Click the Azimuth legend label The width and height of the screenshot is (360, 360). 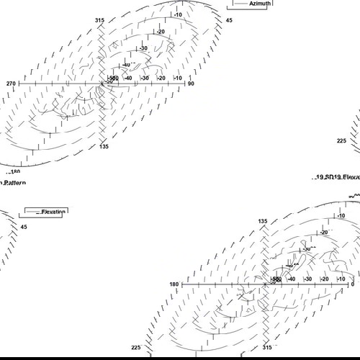(x=260, y=4)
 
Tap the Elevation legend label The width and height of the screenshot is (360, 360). (x=53, y=212)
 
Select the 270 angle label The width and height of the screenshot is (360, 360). (x=11, y=84)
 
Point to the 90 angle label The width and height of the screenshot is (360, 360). (x=192, y=84)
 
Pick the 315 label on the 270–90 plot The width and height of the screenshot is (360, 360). (x=99, y=21)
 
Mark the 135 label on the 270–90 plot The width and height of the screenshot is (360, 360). (x=104, y=146)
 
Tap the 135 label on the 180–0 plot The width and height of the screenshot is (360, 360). (x=264, y=221)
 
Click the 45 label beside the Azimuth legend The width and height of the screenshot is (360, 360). (x=229, y=21)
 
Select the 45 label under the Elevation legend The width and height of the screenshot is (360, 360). (x=23, y=227)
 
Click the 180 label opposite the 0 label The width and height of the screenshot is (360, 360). (x=174, y=284)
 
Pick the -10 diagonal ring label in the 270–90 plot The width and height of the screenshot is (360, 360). (x=177, y=14)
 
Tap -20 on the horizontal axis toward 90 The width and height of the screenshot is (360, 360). (x=161, y=78)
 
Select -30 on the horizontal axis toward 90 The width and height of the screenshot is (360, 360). (x=145, y=78)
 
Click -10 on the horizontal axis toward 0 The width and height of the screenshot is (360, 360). (x=341, y=279)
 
